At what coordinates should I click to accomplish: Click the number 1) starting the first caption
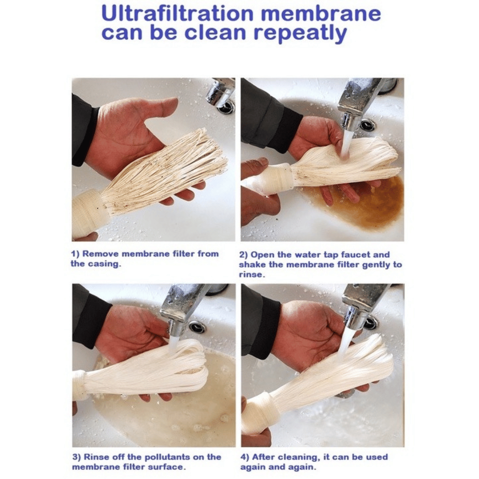pos(75,254)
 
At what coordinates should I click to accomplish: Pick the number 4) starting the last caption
pos(245,457)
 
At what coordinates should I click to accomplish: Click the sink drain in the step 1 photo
pos(226,107)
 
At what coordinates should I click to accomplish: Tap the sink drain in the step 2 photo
pos(368,125)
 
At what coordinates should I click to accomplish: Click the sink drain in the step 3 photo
pos(197,327)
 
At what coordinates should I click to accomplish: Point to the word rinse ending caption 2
pos(251,275)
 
